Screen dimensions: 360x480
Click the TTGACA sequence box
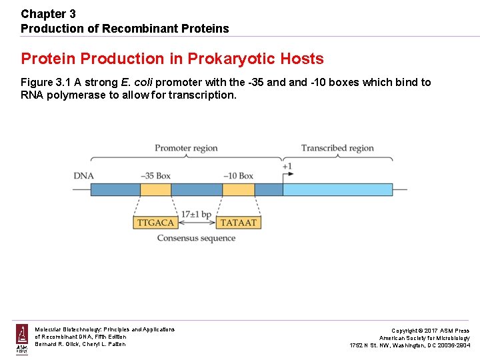pyautogui.click(x=155, y=223)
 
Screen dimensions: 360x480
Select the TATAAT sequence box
pyautogui.click(x=238, y=223)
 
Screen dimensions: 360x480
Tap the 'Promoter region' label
pyautogui.click(x=186, y=148)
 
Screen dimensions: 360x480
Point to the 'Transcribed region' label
pyautogui.click(x=337, y=148)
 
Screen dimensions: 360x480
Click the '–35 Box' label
pyautogui.click(x=155, y=176)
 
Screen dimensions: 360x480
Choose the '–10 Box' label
pyautogui.click(x=238, y=176)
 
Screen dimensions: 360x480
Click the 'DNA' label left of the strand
pyautogui.click(x=83, y=176)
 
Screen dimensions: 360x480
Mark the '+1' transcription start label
pyautogui.click(x=287, y=166)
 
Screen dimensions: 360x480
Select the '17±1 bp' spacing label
pyautogui.click(x=197, y=215)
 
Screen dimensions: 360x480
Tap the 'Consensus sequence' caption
pyautogui.click(x=196, y=238)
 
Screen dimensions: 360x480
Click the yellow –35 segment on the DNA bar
pyautogui.click(x=155, y=190)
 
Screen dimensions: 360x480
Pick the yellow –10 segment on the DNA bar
pyautogui.click(x=238, y=190)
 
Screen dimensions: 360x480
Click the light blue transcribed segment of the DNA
pyautogui.click(x=337, y=190)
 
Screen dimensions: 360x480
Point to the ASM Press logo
pyautogui.click(x=22, y=339)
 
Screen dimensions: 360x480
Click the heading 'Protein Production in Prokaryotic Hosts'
pyautogui.click(x=172, y=59)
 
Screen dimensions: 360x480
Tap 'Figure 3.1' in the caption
pyautogui.click(x=45, y=83)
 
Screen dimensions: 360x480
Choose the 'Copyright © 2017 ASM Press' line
pyautogui.click(x=430, y=331)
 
